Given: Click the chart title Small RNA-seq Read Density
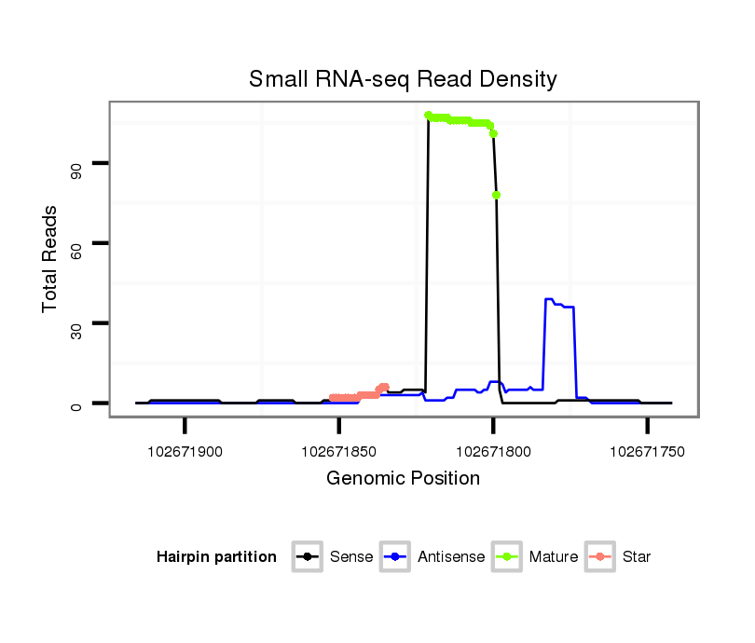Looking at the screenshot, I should click(x=403, y=79).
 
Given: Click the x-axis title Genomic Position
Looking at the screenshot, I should click(x=403, y=479).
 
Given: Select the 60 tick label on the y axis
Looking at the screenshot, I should click(x=76, y=244).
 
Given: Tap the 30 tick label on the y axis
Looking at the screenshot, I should click(x=76, y=324).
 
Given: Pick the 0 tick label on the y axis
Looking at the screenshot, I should click(x=76, y=404).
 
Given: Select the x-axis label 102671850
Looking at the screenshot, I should click(x=338, y=452).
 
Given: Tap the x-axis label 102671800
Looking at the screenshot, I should click(x=493, y=452).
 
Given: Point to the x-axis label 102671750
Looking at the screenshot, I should click(x=647, y=452).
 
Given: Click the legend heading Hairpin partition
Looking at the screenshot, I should click(x=216, y=557).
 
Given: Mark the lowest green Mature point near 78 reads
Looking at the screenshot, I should click(x=497, y=195).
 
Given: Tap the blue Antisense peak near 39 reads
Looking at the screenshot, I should click(x=549, y=299).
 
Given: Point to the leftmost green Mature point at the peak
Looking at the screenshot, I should click(x=428, y=116).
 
